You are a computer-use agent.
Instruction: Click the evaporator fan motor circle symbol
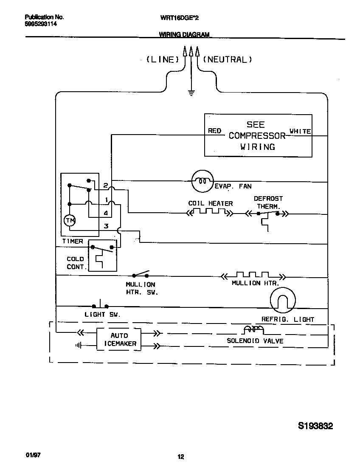[x=201, y=181]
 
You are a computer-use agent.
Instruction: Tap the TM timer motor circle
[x=69, y=220]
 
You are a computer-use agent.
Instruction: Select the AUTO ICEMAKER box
[x=119, y=339]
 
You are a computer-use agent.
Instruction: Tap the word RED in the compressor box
[x=214, y=131]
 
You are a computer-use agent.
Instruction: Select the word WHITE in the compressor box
[x=300, y=131]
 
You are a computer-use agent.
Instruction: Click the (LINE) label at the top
[x=163, y=60]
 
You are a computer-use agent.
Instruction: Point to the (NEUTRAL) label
[x=228, y=60]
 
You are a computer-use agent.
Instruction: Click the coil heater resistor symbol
[x=209, y=211]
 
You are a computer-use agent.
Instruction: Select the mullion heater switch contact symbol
[x=141, y=274]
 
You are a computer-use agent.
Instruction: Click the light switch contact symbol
[x=100, y=305]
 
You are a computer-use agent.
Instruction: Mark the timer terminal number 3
[x=106, y=226]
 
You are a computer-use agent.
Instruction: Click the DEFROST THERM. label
[x=268, y=202]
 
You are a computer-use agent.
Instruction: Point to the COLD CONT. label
[x=76, y=263]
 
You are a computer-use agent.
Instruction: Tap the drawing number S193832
[x=315, y=426]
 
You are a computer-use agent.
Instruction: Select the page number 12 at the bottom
[x=180, y=457]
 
